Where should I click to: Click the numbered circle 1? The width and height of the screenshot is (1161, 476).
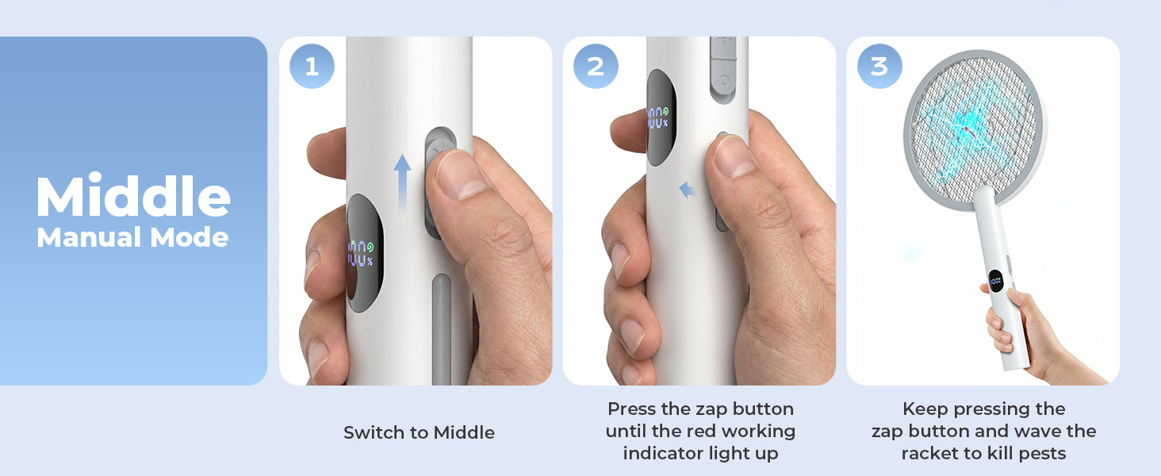pos(312,66)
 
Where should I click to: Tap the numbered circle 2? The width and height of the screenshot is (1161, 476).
pos(596,66)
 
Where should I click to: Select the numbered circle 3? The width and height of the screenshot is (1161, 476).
pos(879,66)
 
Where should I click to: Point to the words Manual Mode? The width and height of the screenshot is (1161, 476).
pos(132,237)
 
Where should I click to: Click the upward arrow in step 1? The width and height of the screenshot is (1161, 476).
pos(402,182)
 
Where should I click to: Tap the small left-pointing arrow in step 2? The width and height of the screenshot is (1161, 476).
pos(687,190)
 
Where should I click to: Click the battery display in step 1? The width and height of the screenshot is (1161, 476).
pos(360,253)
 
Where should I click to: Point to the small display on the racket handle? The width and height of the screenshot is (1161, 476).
pos(995,281)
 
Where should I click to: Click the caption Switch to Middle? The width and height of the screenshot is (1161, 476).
pos(419,432)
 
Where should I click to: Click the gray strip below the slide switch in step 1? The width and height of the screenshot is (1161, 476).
pos(441,329)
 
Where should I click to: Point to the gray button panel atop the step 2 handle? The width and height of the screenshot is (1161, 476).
pos(723,68)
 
